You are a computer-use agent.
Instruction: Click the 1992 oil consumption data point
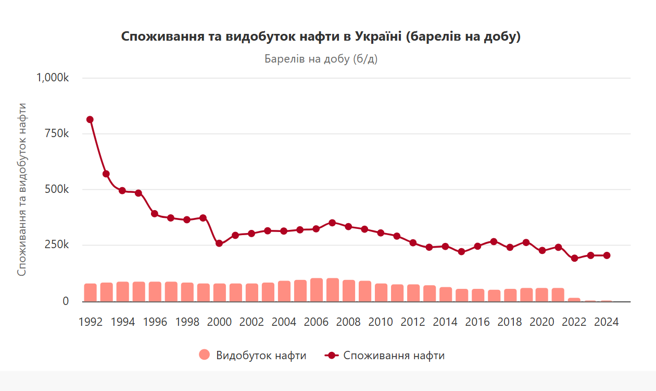click(90, 119)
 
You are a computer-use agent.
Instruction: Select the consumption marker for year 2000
click(219, 243)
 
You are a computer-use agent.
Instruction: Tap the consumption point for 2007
click(332, 223)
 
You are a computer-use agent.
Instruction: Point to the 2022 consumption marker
click(575, 258)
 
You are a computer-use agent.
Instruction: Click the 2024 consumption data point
click(607, 255)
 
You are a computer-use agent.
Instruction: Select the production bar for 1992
click(90, 292)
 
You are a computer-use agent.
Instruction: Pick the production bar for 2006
click(316, 290)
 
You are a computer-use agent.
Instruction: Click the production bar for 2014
click(446, 294)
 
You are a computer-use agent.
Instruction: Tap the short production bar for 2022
click(574, 300)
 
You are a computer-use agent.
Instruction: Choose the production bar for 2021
click(558, 295)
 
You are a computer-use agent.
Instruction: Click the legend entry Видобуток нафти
click(253, 356)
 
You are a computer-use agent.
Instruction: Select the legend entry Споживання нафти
click(385, 356)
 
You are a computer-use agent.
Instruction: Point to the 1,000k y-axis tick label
click(52, 78)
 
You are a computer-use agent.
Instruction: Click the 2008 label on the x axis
click(348, 322)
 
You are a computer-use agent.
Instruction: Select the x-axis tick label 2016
click(477, 322)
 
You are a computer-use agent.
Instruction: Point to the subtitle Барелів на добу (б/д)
click(321, 59)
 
